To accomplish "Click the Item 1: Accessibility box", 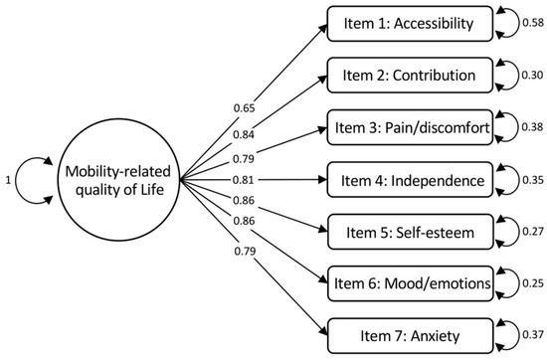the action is click(x=410, y=24).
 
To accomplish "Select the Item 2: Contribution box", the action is click(x=410, y=76).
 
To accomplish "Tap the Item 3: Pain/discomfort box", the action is click(x=410, y=127).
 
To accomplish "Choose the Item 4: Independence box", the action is click(x=410, y=180).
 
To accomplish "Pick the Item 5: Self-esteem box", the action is click(x=411, y=232).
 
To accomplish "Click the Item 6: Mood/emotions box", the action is click(x=411, y=283).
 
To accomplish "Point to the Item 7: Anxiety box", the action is click(x=411, y=336).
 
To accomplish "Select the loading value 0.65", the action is click(x=245, y=108).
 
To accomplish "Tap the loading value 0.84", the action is click(x=244, y=134).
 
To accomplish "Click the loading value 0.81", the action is click(x=244, y=180).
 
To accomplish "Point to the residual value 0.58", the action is click(x=533, y=23).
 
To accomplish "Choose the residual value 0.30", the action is click(x=532, y=75).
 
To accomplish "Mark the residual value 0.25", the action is click(x=533, y=283).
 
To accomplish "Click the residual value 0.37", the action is click(x=533, y=334).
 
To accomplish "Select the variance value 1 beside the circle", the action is click(x=8, y=180).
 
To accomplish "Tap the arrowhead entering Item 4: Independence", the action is click(x=322, y=180).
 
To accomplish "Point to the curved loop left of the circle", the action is click(x=15, y=180).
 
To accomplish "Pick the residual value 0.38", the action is click(x=532, y=127).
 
